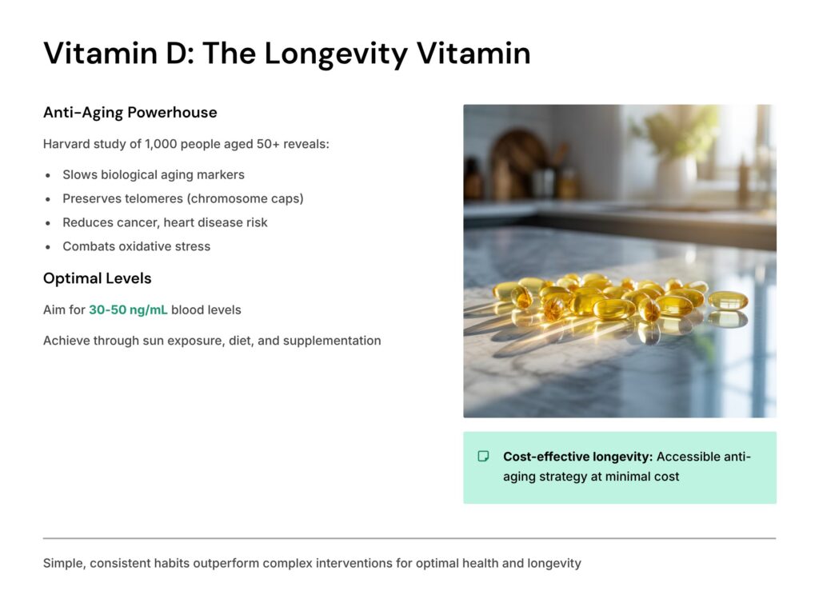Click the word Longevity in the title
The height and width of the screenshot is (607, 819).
337,54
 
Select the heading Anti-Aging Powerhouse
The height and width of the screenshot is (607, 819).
130,112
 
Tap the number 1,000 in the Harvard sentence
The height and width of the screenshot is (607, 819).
161,144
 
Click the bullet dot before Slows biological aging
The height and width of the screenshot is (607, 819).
48,175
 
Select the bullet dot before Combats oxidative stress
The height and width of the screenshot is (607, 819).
48,247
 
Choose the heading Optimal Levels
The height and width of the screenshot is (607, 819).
97,278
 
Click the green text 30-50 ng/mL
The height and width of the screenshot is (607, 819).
128,309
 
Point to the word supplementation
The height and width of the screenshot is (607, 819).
332,341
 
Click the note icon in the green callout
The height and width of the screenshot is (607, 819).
484,457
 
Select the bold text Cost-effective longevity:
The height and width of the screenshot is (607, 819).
577,457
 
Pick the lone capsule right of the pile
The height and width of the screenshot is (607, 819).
728,300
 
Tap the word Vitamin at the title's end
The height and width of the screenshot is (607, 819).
473,54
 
